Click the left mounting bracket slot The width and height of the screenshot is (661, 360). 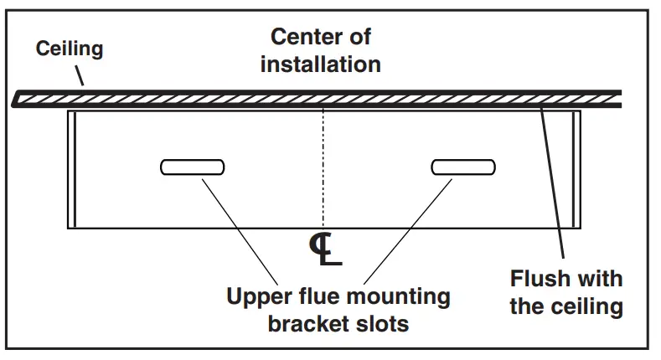pyautogui.click(x=192, y=167)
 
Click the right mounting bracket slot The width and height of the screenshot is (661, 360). pyautogui.click(x=463, y=167)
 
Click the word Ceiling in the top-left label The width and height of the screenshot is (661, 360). pyautogui.click(x=69, y=49)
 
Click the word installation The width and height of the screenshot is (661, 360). pyautogui.click(x=320, y=64)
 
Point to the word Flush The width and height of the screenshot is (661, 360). pyautogui.click(x=539, y=278)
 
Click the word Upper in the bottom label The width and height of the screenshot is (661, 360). pyautogui.click(x=256, y=296)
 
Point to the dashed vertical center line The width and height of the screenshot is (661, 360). pyautogui.click(x=323, y=167)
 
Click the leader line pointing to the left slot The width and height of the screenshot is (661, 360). pyautogui.click(x=240, y=229)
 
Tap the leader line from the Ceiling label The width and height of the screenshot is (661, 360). pyautogui.click(x=79, y=76)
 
